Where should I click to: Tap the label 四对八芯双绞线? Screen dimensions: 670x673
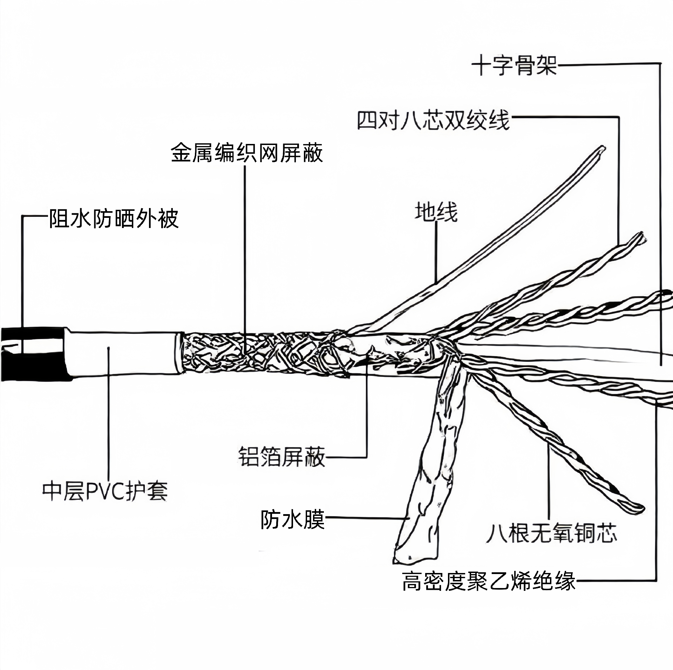(433, 120)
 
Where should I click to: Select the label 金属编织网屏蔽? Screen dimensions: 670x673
(247, 153)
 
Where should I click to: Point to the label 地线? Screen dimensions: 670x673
(436, 212)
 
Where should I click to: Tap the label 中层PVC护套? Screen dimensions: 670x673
(105, 491)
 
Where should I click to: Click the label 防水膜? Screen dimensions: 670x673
(292, 519)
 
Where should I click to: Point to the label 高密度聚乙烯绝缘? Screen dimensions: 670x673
(489, 581)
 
